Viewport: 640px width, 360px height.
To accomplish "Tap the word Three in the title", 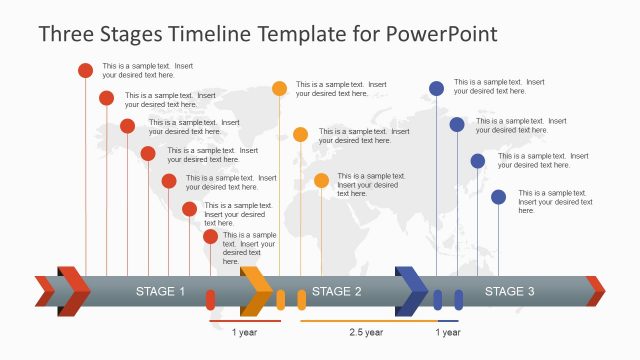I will pos(69,34).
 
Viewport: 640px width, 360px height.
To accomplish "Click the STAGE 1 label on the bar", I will pos(161,292).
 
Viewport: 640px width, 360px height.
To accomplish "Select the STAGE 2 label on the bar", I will pos(337,292).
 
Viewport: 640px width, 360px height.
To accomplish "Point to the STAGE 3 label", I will pos(510,292).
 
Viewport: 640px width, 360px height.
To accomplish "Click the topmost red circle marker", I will pos(86,70).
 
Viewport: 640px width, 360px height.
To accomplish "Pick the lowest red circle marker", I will pos(211,237).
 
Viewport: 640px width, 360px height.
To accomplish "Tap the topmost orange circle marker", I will pos(280,88).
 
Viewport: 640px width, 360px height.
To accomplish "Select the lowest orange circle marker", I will pos(321,180).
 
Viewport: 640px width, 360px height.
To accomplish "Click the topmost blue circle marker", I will pos(436,88).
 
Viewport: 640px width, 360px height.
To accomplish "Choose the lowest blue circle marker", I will pos(498,197).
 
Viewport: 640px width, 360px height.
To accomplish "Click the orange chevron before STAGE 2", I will pos(257,291).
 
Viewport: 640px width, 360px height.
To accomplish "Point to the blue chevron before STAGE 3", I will pos(411,291).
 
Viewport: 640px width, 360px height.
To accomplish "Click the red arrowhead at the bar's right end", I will pos(596,291).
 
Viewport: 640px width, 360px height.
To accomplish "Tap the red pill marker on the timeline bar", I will pos(211,299).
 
